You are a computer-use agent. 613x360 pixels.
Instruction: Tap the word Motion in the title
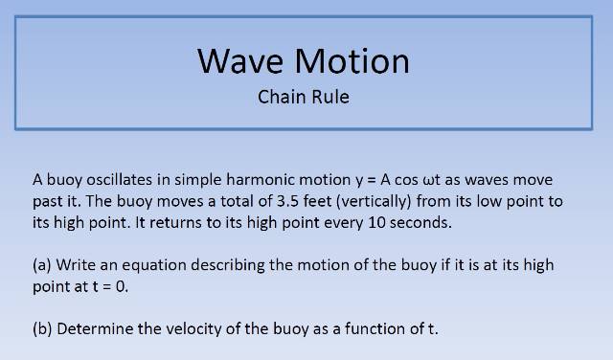coord(351,60)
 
